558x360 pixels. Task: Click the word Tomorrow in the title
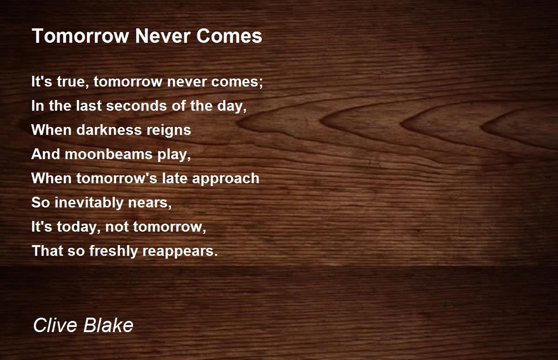(x=80, y=36)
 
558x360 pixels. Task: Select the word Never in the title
(x=163, y=36)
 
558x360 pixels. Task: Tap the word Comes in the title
(x=229, y=36)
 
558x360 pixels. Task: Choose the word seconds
(x=137, y=106)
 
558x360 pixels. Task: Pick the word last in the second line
(x=89, y=106)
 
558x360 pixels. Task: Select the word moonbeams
(x=108, y=154)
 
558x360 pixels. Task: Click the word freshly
(x=113, y=251)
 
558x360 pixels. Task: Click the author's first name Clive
(x=55, y=325)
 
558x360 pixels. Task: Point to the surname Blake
(x=108, y=325)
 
